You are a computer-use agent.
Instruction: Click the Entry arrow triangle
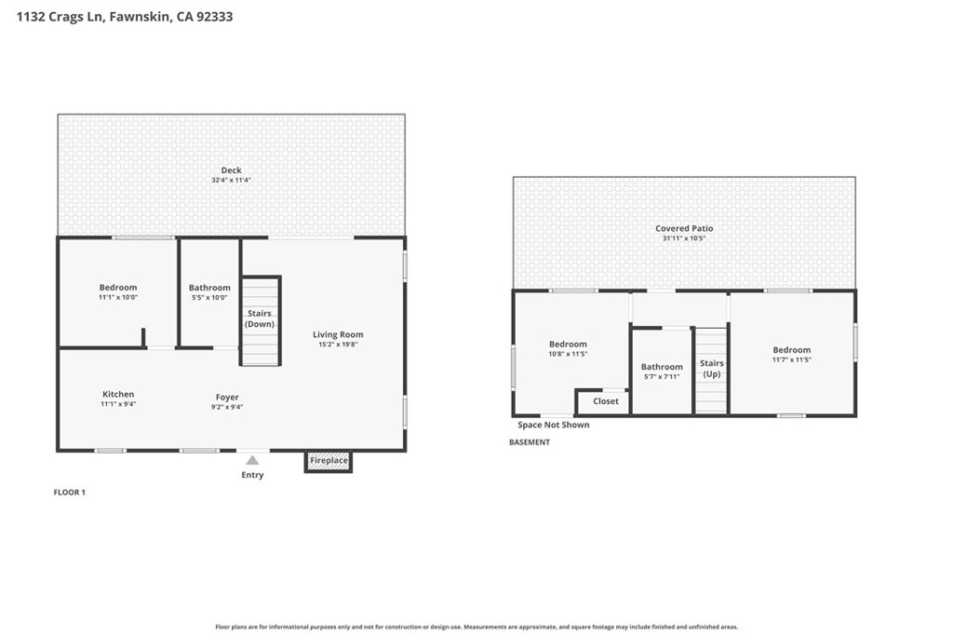pos(252,460)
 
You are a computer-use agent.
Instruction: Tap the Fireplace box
pos(329,462)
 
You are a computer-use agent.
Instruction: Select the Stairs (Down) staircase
pos(261,321)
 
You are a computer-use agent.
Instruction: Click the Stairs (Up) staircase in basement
pos(711,371)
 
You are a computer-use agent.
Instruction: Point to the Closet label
pos(605,401)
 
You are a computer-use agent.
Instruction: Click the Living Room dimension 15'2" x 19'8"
pos(338,345)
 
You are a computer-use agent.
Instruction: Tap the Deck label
pos(231,170)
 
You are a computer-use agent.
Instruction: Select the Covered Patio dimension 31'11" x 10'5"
pos(684,238)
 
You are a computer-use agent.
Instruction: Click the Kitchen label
pos(118,394)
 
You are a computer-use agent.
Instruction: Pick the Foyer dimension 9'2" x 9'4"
pos(227,407)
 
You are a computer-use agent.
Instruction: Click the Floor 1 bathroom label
pos(209,288)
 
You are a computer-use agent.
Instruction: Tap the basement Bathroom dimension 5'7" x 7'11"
pos(662,376)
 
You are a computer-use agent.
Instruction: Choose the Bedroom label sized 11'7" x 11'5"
pos(791,349)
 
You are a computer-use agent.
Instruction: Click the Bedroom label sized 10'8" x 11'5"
pos(568,345)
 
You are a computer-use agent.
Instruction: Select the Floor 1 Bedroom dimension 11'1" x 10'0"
pos(118,297)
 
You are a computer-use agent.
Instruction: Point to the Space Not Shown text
pos(553,425)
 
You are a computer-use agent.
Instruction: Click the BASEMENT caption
pos(529,442)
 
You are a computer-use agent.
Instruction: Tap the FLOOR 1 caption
pos(69,493)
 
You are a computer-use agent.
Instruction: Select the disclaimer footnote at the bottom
pos(476,627)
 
